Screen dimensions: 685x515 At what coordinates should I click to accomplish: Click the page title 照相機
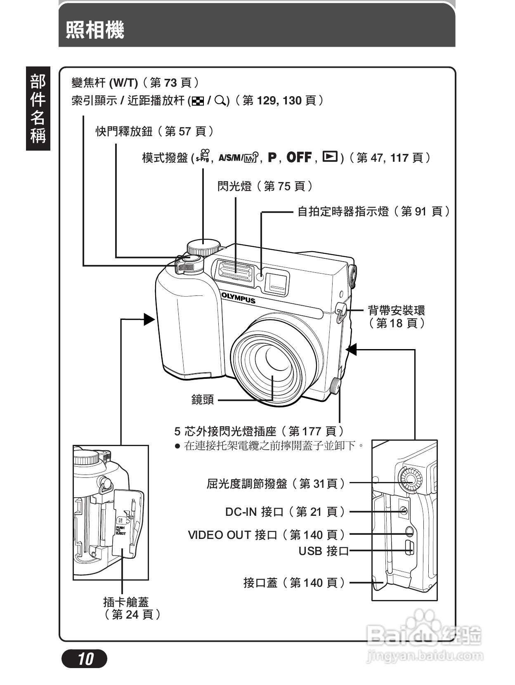click(95, 30)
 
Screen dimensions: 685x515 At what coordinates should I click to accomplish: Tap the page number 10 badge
click(85, 659)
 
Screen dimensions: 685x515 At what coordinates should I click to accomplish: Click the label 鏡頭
click(202, 399)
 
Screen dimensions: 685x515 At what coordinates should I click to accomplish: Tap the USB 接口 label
click(324, 551)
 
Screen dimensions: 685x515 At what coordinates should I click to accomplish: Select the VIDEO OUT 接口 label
click(267, 535)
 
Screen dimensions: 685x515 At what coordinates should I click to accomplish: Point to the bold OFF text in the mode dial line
click(299, 157)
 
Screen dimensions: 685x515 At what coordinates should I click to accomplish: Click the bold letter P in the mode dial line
click(272, 157)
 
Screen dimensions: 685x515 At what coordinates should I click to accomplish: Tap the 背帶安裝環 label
click(396, 310)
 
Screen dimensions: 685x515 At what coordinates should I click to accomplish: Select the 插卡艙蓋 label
click(126, 602)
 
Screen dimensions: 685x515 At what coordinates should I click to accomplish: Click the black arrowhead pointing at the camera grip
click(149, 319)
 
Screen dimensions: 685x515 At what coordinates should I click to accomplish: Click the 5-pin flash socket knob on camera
click(335, 386)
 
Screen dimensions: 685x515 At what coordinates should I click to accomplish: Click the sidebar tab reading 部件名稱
click(38, 109)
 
